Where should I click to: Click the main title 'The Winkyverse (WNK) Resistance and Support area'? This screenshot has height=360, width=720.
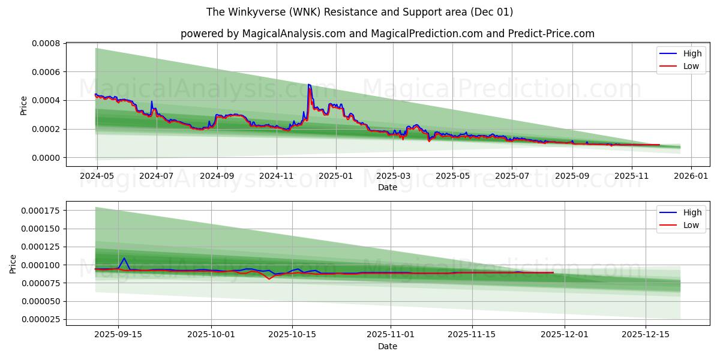click(359, 12)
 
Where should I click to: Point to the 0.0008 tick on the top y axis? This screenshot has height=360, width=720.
click(46, 43)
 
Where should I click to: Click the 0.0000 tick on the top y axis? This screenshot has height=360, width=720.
click(46, 158)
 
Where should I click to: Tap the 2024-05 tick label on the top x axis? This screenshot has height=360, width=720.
click(97, 177)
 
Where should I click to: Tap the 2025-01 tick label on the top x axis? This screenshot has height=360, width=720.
click(335, 177)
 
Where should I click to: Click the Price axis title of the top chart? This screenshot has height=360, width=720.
click(24, 105)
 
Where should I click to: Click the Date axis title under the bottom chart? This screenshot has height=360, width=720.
click(387, 346)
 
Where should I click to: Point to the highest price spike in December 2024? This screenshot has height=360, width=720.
click(308, 85)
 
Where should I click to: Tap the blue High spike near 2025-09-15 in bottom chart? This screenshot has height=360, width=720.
click(124, 258)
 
